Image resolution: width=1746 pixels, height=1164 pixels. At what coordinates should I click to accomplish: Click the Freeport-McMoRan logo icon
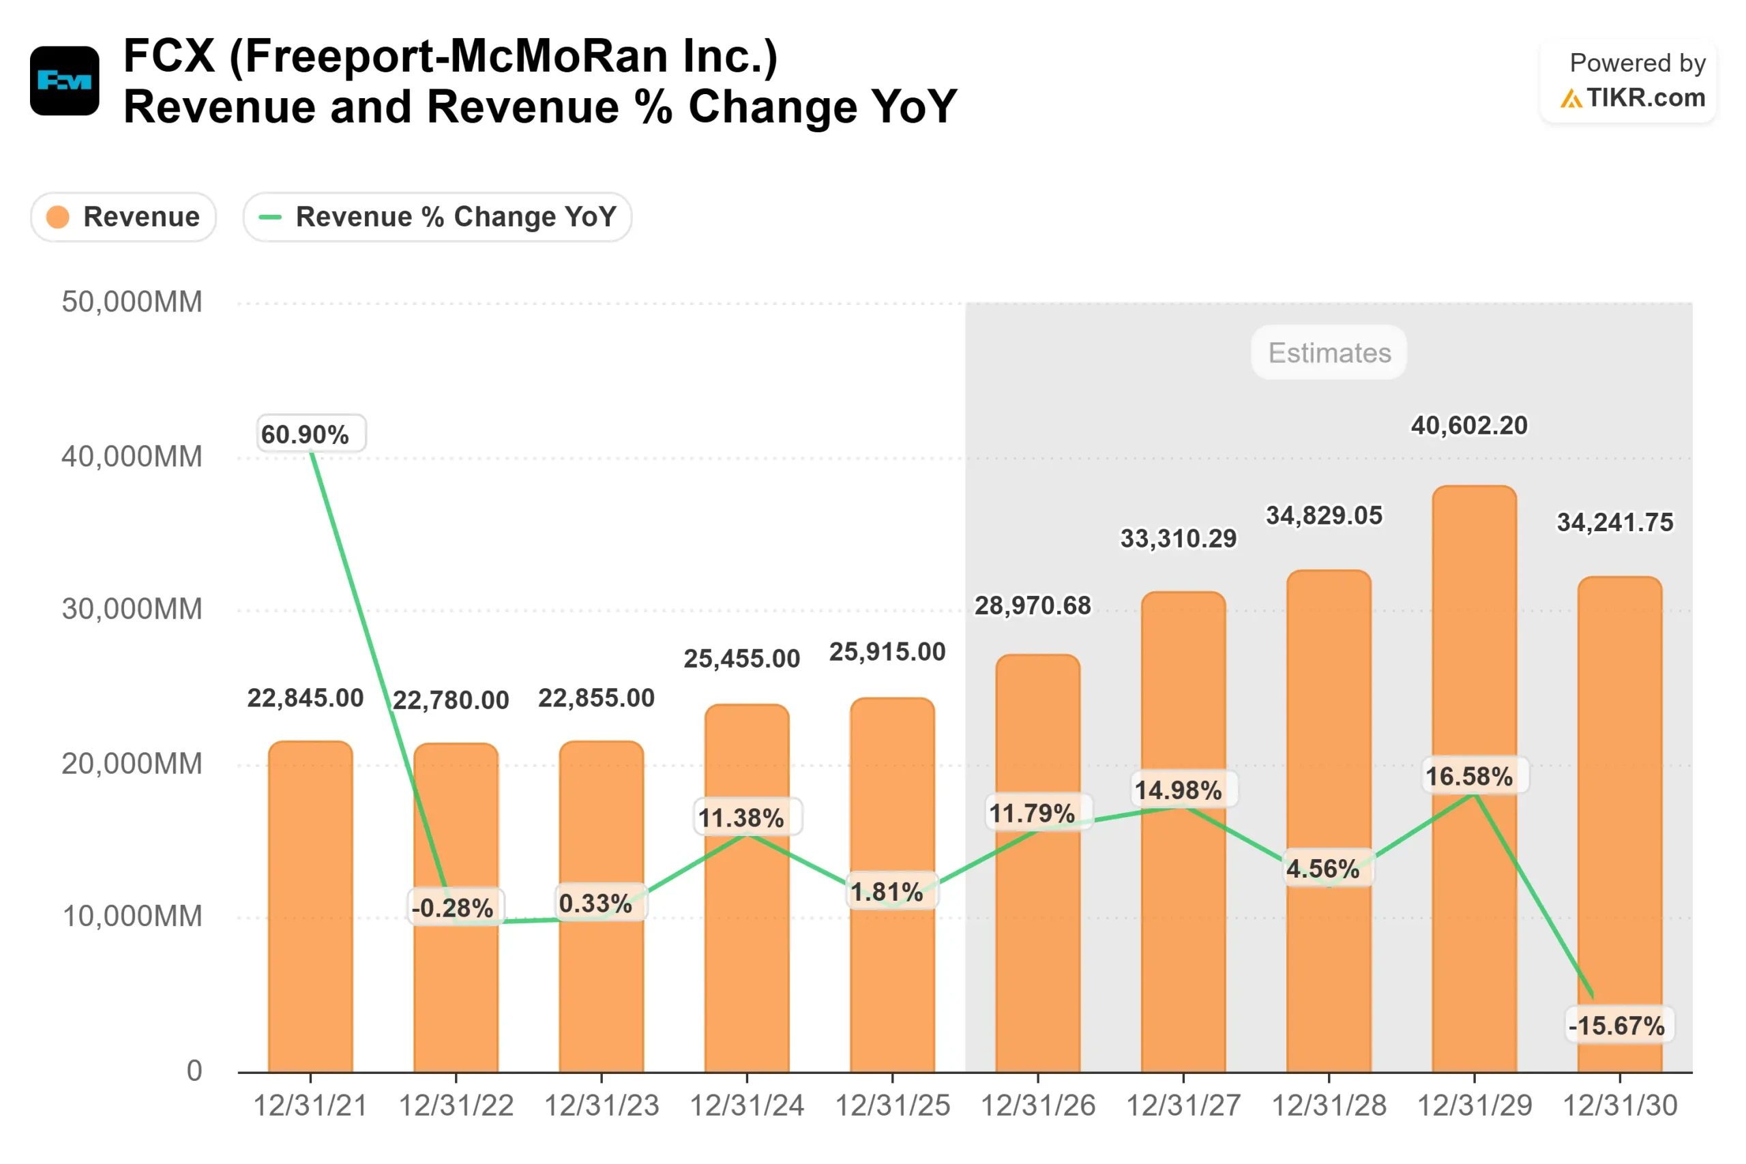65,81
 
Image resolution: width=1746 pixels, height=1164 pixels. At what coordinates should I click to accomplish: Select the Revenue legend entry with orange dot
124,218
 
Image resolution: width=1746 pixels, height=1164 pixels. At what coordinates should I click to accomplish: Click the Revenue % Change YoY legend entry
437,218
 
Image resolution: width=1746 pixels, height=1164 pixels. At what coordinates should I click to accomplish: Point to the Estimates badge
1329,353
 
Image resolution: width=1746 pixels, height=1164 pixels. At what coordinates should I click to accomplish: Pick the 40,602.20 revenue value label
1469,426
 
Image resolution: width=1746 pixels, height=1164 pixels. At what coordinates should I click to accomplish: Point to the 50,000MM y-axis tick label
132,302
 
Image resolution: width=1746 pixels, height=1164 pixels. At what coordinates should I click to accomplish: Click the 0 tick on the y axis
194,1071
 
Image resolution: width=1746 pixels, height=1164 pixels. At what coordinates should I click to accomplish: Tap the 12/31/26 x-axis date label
1038,1106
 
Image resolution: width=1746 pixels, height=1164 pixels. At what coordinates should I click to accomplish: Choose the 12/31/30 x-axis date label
1620,1106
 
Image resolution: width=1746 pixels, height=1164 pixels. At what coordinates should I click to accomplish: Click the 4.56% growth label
1323,869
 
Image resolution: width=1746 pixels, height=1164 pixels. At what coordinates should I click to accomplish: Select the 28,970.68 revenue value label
1033,606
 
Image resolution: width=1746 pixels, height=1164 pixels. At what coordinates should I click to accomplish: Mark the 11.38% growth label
741,818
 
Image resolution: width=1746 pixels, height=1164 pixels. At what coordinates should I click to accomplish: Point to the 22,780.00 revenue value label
451,700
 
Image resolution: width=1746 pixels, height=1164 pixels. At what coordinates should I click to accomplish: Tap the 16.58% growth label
1469,777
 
